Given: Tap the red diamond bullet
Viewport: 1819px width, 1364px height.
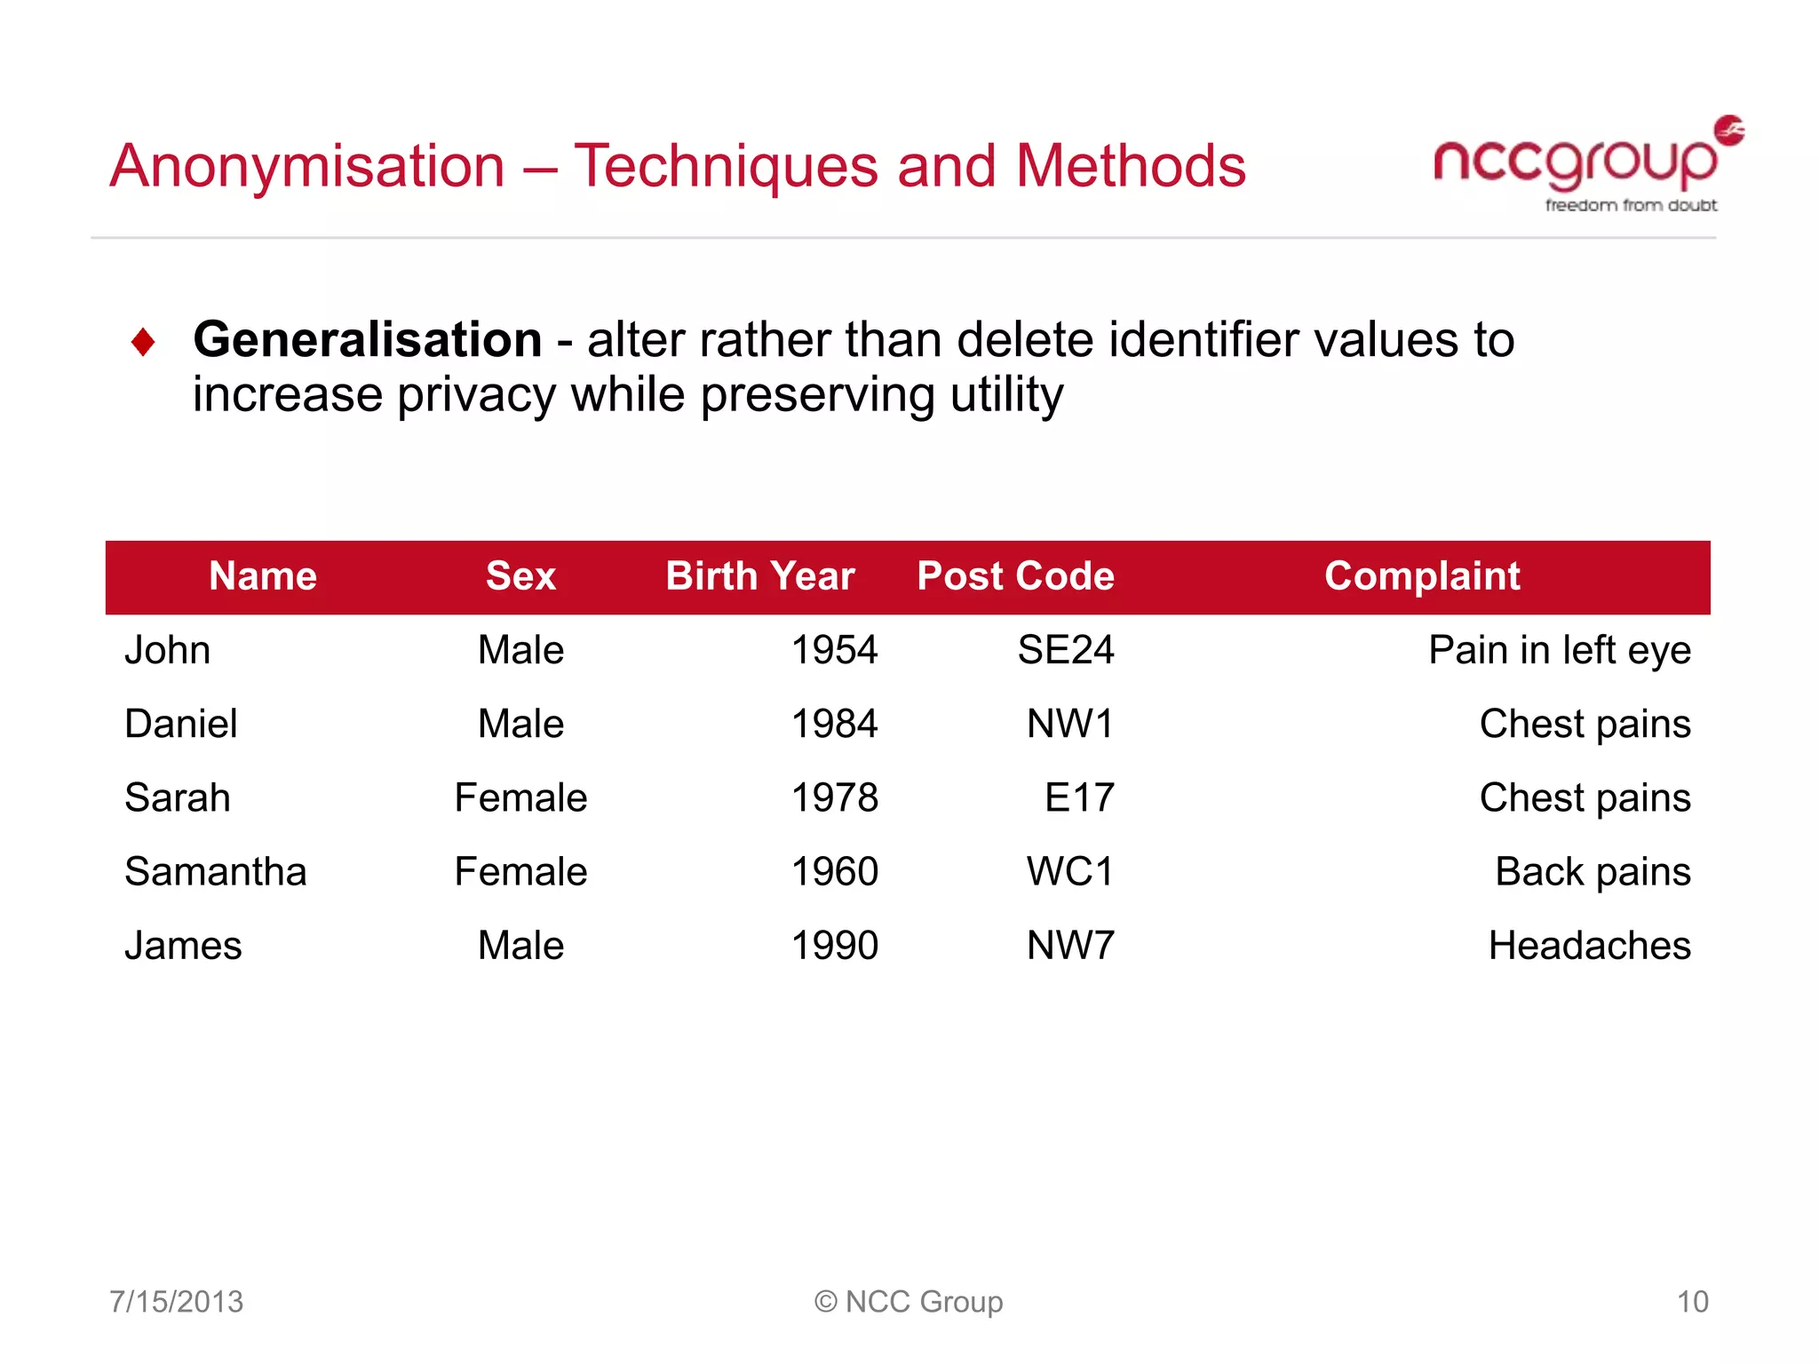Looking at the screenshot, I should [143, 342].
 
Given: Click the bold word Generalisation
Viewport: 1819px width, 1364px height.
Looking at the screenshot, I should [368, 340].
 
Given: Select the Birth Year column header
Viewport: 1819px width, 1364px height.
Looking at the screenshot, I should [760, 576].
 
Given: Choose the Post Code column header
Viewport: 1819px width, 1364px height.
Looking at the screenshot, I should [1015, 576].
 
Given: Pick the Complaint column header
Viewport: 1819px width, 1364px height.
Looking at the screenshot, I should [1422, 576].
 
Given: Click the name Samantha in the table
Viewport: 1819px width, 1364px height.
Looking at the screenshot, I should [216, 871].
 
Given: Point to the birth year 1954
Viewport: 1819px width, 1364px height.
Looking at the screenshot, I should [834, 650].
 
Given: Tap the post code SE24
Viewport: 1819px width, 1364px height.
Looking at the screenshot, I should [1065, 650].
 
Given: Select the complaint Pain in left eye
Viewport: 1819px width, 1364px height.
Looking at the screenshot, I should [1559, 650].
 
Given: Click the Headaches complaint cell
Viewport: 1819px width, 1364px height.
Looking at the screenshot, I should [1589, 946].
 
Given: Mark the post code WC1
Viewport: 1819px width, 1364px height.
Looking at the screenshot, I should [1069, 871].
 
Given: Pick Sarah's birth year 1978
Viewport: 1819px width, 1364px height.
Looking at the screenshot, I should [834, 797].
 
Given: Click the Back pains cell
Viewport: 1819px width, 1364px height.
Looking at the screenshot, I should [1593, 871].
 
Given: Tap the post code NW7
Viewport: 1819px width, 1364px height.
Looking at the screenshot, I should [1069, 946].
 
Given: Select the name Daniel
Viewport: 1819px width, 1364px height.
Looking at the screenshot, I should [181, 724].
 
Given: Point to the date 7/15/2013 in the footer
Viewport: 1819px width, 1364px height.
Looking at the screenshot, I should [176, 1302].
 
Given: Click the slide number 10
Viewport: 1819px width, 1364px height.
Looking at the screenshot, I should [1692, 1302].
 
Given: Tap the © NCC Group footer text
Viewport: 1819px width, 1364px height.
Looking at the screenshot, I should [909, 1302].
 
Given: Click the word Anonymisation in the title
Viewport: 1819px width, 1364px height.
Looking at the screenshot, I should [307, 166].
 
